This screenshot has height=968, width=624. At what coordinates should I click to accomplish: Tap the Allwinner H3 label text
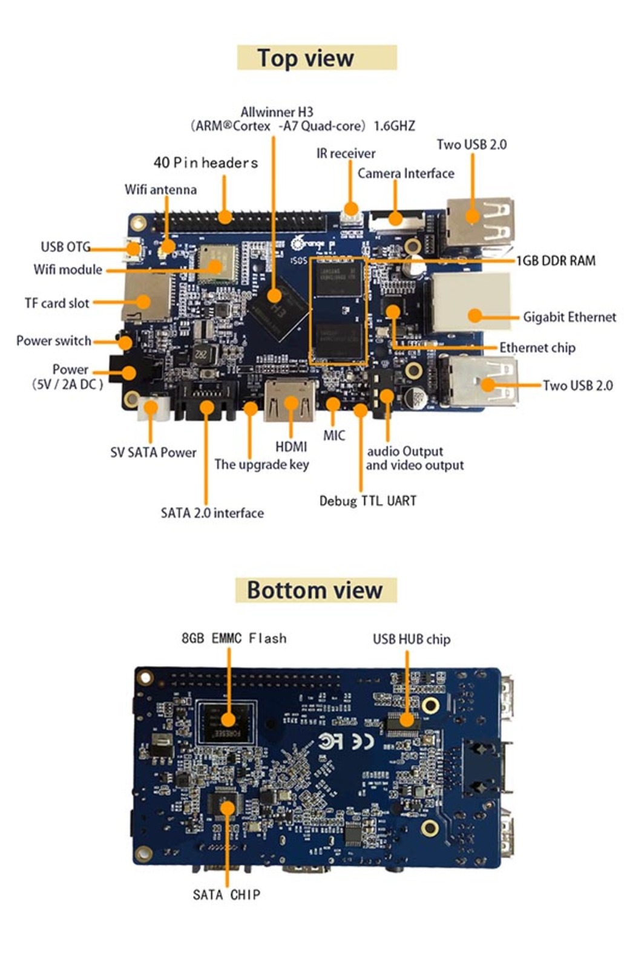click(x=277, y=113)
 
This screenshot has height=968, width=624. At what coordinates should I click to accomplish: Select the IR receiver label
click(x=346, y=154)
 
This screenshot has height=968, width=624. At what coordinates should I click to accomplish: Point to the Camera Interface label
click(x=406, y=174)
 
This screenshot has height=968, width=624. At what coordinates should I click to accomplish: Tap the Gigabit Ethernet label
click(x=569, y=317)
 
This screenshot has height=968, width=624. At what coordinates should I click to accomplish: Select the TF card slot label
click(x=57, y=303)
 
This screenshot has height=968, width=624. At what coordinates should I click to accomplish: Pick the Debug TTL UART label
click(x=367, y=501)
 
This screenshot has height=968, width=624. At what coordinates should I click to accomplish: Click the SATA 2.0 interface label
click(x=212, y=513)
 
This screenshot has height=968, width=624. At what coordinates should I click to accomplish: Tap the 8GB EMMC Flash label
click(x=234, y=638)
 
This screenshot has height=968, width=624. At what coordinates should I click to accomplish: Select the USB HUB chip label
click(x=412, y=639)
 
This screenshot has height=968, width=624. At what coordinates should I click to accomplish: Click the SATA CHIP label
click(x=226, y=895)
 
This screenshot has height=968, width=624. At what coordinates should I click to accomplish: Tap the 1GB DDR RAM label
click(x=556, y=261)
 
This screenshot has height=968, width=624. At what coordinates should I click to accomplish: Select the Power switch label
click(x=54, y=341)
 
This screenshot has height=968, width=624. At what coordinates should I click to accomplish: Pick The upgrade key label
click(x=261, y=465)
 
